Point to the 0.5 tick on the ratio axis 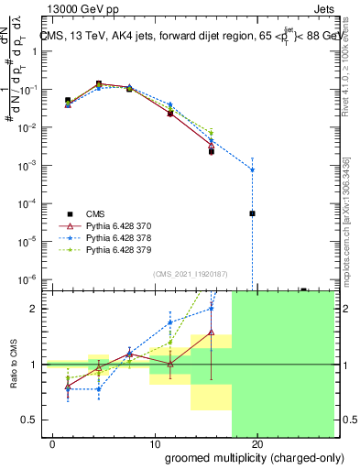pyautogui.click(x=30, y=420)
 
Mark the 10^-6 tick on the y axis pyautogui.click(x=28, y=279)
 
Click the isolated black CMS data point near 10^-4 pyautogui.click(x=252, y=213)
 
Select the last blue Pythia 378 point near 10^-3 pyautogui.click(x=252, y=170)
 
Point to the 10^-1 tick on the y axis pyautogui.click(x=28, y=90)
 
